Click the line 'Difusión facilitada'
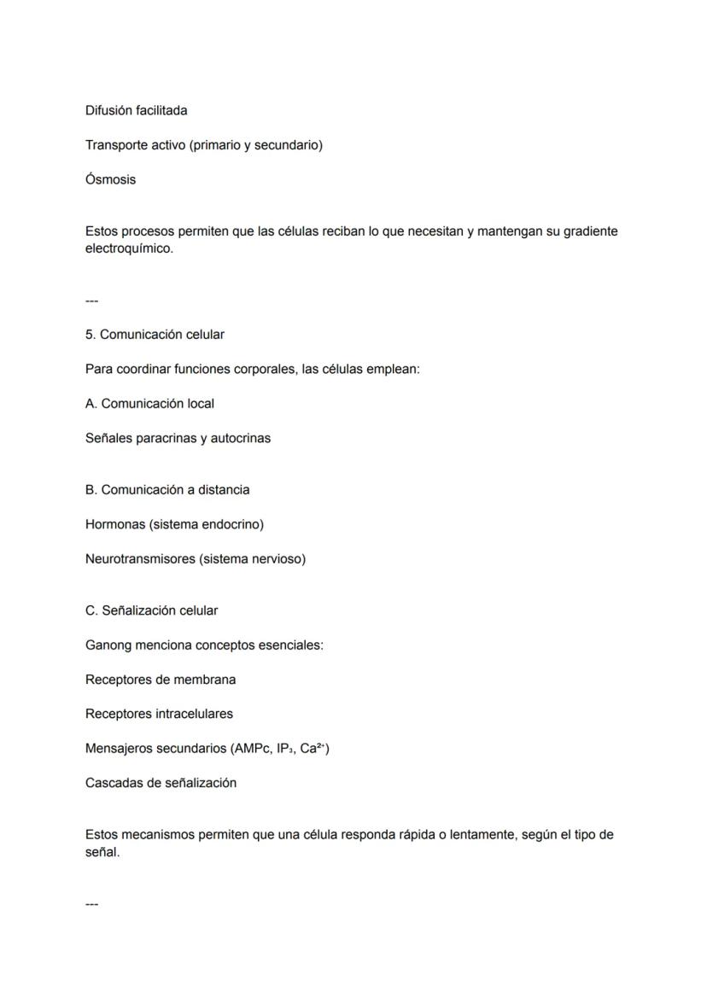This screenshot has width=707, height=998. (x=136, y=111)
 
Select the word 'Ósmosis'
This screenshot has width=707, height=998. (x=110, y=180)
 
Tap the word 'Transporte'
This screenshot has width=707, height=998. (x=118, y=145)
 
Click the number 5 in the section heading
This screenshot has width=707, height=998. (x=90, y=335)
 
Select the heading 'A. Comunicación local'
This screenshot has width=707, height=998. (x=149, y=404)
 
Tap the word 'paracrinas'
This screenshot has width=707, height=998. (x=167, y=439)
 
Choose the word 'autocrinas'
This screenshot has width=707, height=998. (x=240, y=439)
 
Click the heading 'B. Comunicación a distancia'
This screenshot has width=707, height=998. (x=167, y=490)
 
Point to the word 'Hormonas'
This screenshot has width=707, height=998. (x=115, y=525)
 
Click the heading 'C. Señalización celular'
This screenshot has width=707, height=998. (x=151, y=611)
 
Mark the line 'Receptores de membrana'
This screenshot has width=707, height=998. (x=161, y=680)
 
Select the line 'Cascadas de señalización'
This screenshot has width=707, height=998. (x=161, y=783)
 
